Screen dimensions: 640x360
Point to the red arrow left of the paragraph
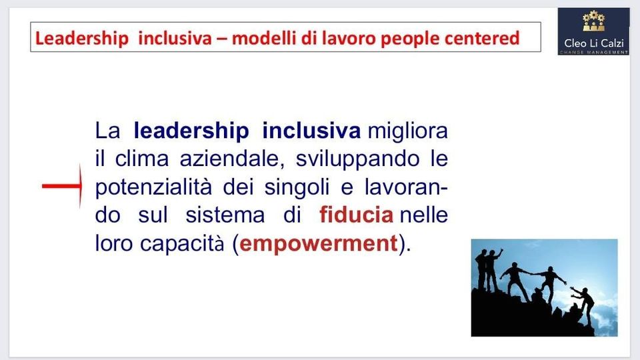(62, 186)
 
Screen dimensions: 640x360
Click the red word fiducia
(356, 215)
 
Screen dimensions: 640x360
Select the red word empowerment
(319, 244)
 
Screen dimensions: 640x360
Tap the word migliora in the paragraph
(408, 131)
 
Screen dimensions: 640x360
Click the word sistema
(225, 215)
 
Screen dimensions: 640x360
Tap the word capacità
(182, 244)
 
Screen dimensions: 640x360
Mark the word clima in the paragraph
(141, 159)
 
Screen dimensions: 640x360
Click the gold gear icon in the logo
(594, 21)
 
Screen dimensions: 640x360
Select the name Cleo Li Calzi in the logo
(594, 43)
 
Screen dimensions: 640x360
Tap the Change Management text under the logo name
(594, 52)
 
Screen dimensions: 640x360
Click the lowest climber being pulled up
(584, 305)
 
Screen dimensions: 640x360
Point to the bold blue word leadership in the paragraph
(191, 131)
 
